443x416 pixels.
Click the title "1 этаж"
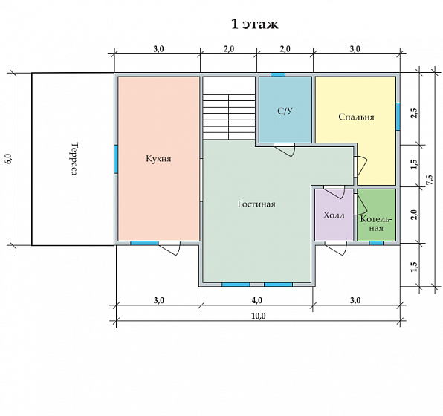click(255, 24)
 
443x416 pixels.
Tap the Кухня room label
click(158, 159)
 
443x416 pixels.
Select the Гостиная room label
click(256, 204)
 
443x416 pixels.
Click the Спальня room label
click(356, 117)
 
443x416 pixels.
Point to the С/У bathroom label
click(285, 111)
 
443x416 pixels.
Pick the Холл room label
click(334, 215)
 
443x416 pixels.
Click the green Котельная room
click(376, 215)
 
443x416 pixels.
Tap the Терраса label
click(74, 159)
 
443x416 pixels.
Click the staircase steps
click(229, 117)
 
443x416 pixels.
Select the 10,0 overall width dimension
click(258, 316)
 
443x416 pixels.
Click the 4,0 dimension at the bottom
click(256, 300)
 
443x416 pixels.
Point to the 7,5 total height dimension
click(430, 181)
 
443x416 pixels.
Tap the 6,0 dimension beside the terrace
click(8, 159)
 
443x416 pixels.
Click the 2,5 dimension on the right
click(414, 113)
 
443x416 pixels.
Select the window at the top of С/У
click(278, 74)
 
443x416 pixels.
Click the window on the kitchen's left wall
click(116, 159)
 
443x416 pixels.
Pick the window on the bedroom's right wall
click(398, 117)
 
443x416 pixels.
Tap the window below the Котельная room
click(376, 243)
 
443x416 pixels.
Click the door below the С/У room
click(284, 149)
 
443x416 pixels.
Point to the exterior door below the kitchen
click(169, 248)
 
